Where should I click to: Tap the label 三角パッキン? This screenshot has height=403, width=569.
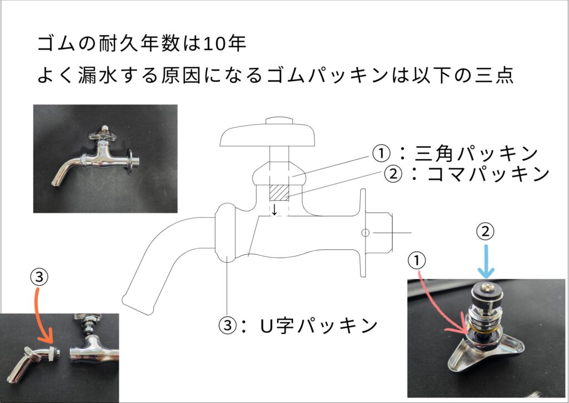tap(476, 154)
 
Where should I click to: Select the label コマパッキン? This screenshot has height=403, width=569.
tap(488, 174)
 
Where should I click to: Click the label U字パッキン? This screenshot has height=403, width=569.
tap(319, 325)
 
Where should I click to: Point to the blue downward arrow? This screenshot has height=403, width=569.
tap(486, 262)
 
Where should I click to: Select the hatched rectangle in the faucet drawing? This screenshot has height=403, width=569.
tap(279, 192)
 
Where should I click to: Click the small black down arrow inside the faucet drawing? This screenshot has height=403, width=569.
tap(274, 210)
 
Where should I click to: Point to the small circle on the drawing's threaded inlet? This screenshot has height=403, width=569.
tap(365, 233)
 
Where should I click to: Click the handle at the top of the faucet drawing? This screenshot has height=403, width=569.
tap(267, 133)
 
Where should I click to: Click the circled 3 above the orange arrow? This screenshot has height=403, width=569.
tap(39, 277)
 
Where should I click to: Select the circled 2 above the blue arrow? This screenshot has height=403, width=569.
tap(486, 232)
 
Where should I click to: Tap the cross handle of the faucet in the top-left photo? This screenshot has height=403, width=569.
tap(103, 134)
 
